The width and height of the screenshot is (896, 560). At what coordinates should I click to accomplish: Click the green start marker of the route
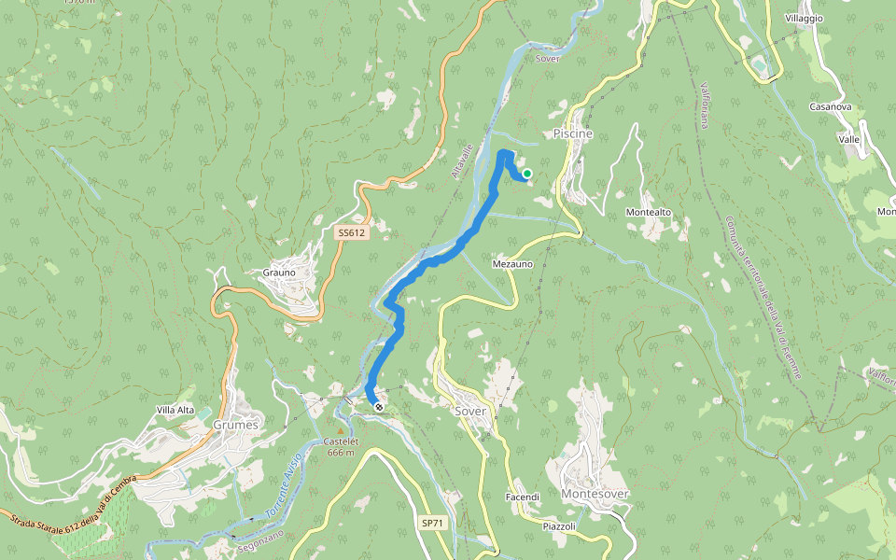click(x=526, y=173)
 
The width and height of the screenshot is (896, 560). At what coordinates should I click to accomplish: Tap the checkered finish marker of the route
click(x=378, y=406)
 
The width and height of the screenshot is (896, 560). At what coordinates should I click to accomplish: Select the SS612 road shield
click(x=352, y=232)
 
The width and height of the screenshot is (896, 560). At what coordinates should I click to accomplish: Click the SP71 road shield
click(x=430, y=523)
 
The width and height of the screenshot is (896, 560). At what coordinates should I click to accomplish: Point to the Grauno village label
click(x=279, y=273)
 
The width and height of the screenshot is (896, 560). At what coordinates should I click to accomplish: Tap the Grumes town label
click(x=234, y=424)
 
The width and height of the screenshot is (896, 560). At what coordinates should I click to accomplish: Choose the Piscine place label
click(x=572, y=134)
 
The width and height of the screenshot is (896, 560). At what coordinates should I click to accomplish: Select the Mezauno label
click(x=511, y=264)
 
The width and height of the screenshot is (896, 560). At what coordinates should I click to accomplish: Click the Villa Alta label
click(x=175, y=410)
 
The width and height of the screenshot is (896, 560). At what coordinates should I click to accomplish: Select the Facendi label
click(x=523, y=497)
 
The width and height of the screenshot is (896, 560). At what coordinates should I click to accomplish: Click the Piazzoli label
click(x=560, y=526)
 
